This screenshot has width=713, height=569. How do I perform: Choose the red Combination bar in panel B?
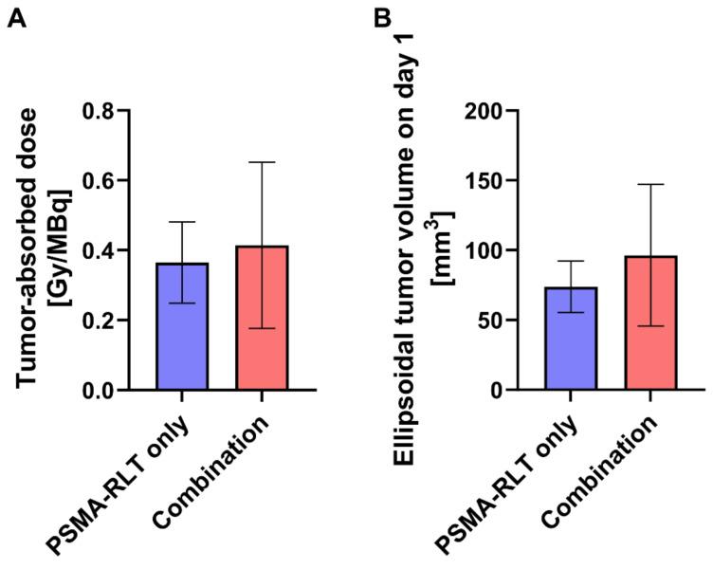[x=650, y=322]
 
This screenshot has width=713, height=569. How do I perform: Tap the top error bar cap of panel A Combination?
[x=263, y=162]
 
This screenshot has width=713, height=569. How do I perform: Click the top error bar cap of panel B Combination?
[x=650, y=184]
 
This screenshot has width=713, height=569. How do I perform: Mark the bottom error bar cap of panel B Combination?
[x=650, y=326]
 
